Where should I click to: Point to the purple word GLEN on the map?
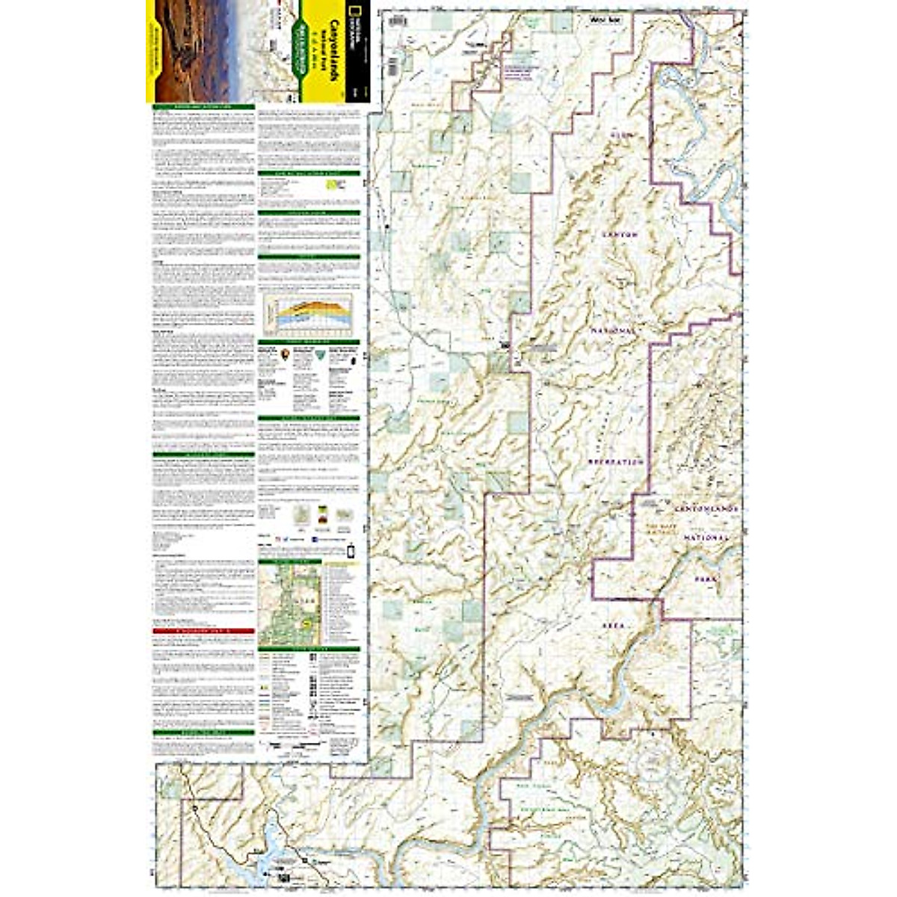621,135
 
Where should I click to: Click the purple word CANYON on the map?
620,234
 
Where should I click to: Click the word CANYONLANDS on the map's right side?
706,508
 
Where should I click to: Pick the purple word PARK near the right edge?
704,579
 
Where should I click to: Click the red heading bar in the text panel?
204,631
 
